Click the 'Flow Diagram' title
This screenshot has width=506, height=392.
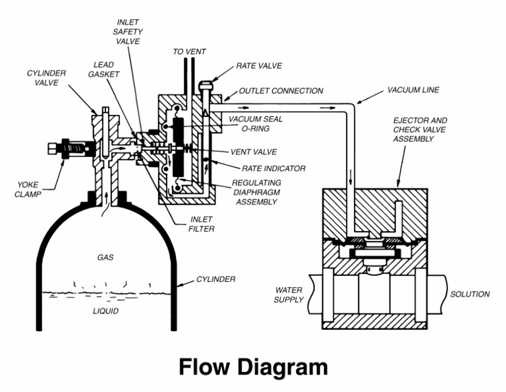(253, 368)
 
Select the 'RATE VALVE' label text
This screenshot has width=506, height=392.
(259, 67)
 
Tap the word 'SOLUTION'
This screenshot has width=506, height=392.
(470, 294)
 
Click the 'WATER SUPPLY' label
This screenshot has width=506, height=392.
(289, 294)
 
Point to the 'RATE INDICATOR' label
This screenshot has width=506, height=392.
(273, 168)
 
